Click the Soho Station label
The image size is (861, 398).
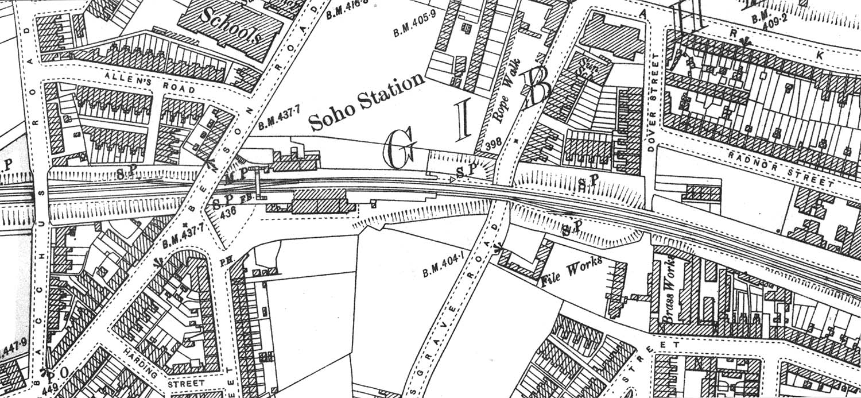tap(367, 102)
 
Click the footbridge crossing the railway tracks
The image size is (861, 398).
tap(258, 184)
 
